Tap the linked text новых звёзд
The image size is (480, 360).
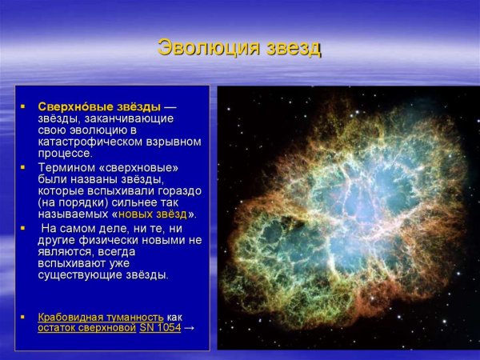[x=152, y=214]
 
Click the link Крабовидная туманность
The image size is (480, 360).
[x=101, y=317]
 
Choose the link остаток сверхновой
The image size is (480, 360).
[x=86, y=328]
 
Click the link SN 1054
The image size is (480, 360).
[x=160, y=328]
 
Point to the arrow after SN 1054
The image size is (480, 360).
[x=190, y=328]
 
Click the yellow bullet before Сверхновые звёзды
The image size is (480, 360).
[x=23, y=106]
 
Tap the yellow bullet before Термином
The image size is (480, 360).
[x=23, y=167]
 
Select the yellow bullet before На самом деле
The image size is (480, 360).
[x=23, y=228]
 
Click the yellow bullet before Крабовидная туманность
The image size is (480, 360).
[x=23, y=317]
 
